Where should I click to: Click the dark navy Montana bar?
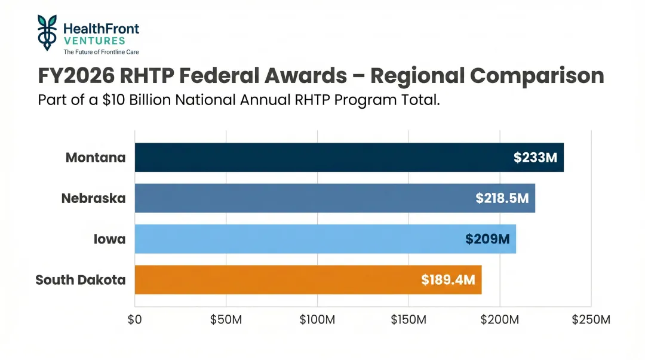tap(322, 158)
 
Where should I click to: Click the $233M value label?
tap(535, 158)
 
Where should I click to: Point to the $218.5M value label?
tap(502, 198)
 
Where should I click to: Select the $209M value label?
tap(487, 239)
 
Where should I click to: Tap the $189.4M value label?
tap(448, 279)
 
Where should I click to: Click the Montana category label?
tap(96, 158)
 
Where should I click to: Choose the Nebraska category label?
tap(94, 198)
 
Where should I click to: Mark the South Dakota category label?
tap(81, 279)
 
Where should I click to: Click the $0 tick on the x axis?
tap(134, 319)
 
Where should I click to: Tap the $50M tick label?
tap(226, 319)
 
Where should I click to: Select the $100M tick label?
tap(317, 319)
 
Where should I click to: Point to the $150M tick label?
tap(408, 319)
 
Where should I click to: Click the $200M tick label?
tap(500, 319)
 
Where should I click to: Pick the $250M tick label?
tap(591, 319)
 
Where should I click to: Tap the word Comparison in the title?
tap(537, 76)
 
